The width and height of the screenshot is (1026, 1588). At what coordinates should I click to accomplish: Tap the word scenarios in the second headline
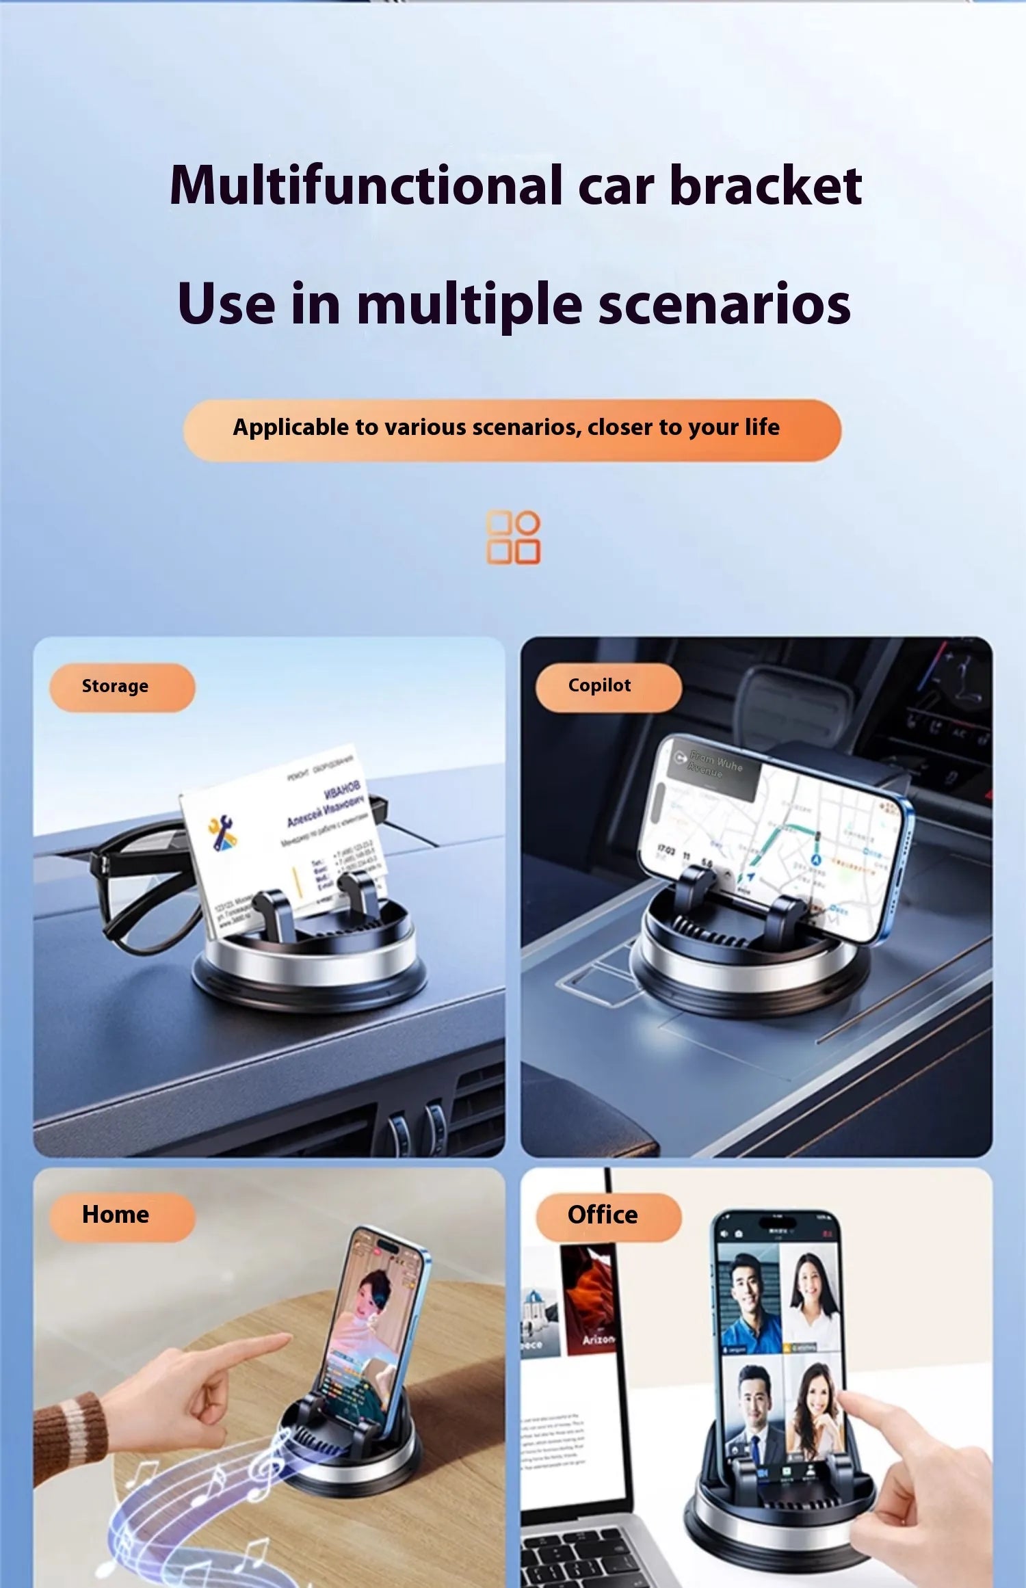pyautogui.click(x=724, y=304)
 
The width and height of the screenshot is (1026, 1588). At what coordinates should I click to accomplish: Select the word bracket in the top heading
pyautogui.click(x=765, y=186)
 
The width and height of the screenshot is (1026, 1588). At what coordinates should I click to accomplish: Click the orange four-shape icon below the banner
pyautogui.click(x=513, y=538)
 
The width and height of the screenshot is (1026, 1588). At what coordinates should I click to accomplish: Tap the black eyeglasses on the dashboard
pyautogui.click(x=137, y=889)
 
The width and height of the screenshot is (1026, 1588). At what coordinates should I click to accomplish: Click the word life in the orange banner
pyautogui.click(x=762, y=427)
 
